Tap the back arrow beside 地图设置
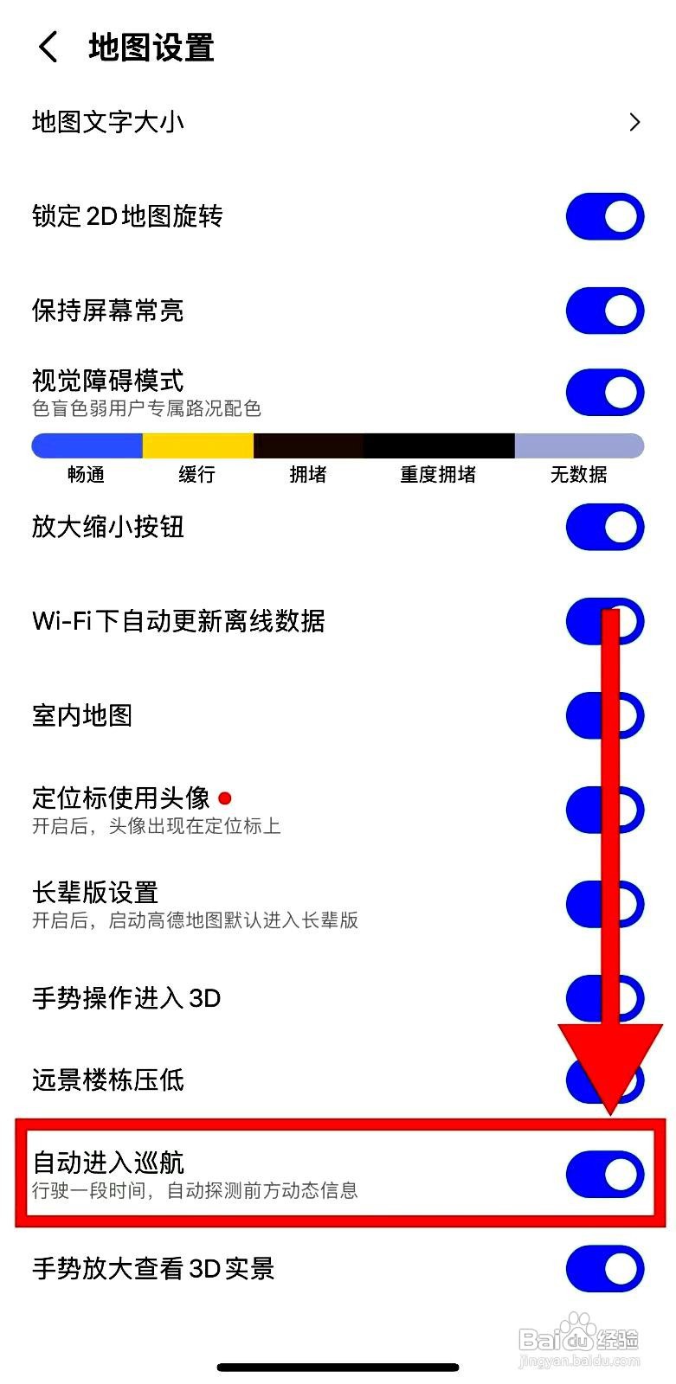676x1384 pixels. pos(48,47)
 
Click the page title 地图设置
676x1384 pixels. pos(151,48)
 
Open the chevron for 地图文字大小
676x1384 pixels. pos(634,122)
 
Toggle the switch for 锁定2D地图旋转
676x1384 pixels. pos(605,216)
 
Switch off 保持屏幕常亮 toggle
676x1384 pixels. pos(605,311)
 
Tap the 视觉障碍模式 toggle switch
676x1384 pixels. pos(605,392)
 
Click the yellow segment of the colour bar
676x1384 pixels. pos(197,445)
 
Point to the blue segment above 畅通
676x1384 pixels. pos(87,445)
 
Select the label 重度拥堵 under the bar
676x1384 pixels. pos(438,474)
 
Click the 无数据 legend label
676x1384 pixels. pos(578,474)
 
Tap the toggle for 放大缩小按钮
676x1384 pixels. pos(605,528)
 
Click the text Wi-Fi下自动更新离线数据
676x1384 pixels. pos(178,621)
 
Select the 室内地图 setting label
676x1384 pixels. pos(82,715)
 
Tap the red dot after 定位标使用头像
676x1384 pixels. pos(225,798)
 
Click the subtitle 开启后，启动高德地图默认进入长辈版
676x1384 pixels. pos(195,920)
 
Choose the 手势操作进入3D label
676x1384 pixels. pos(126,998)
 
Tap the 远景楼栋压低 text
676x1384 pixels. pos(108,1080)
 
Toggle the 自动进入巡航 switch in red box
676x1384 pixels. pos(605,1174)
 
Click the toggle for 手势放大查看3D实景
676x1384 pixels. pos(605,1268)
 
